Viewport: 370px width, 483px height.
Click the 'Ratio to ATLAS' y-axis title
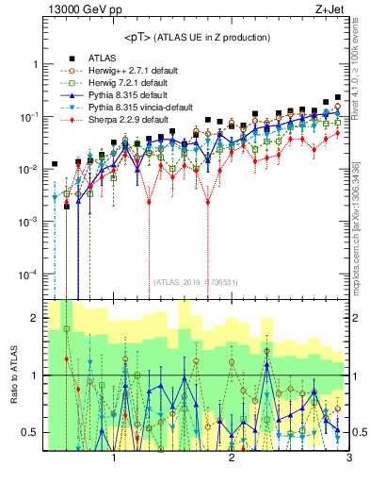pyautogui.click(x=12, y=376)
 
